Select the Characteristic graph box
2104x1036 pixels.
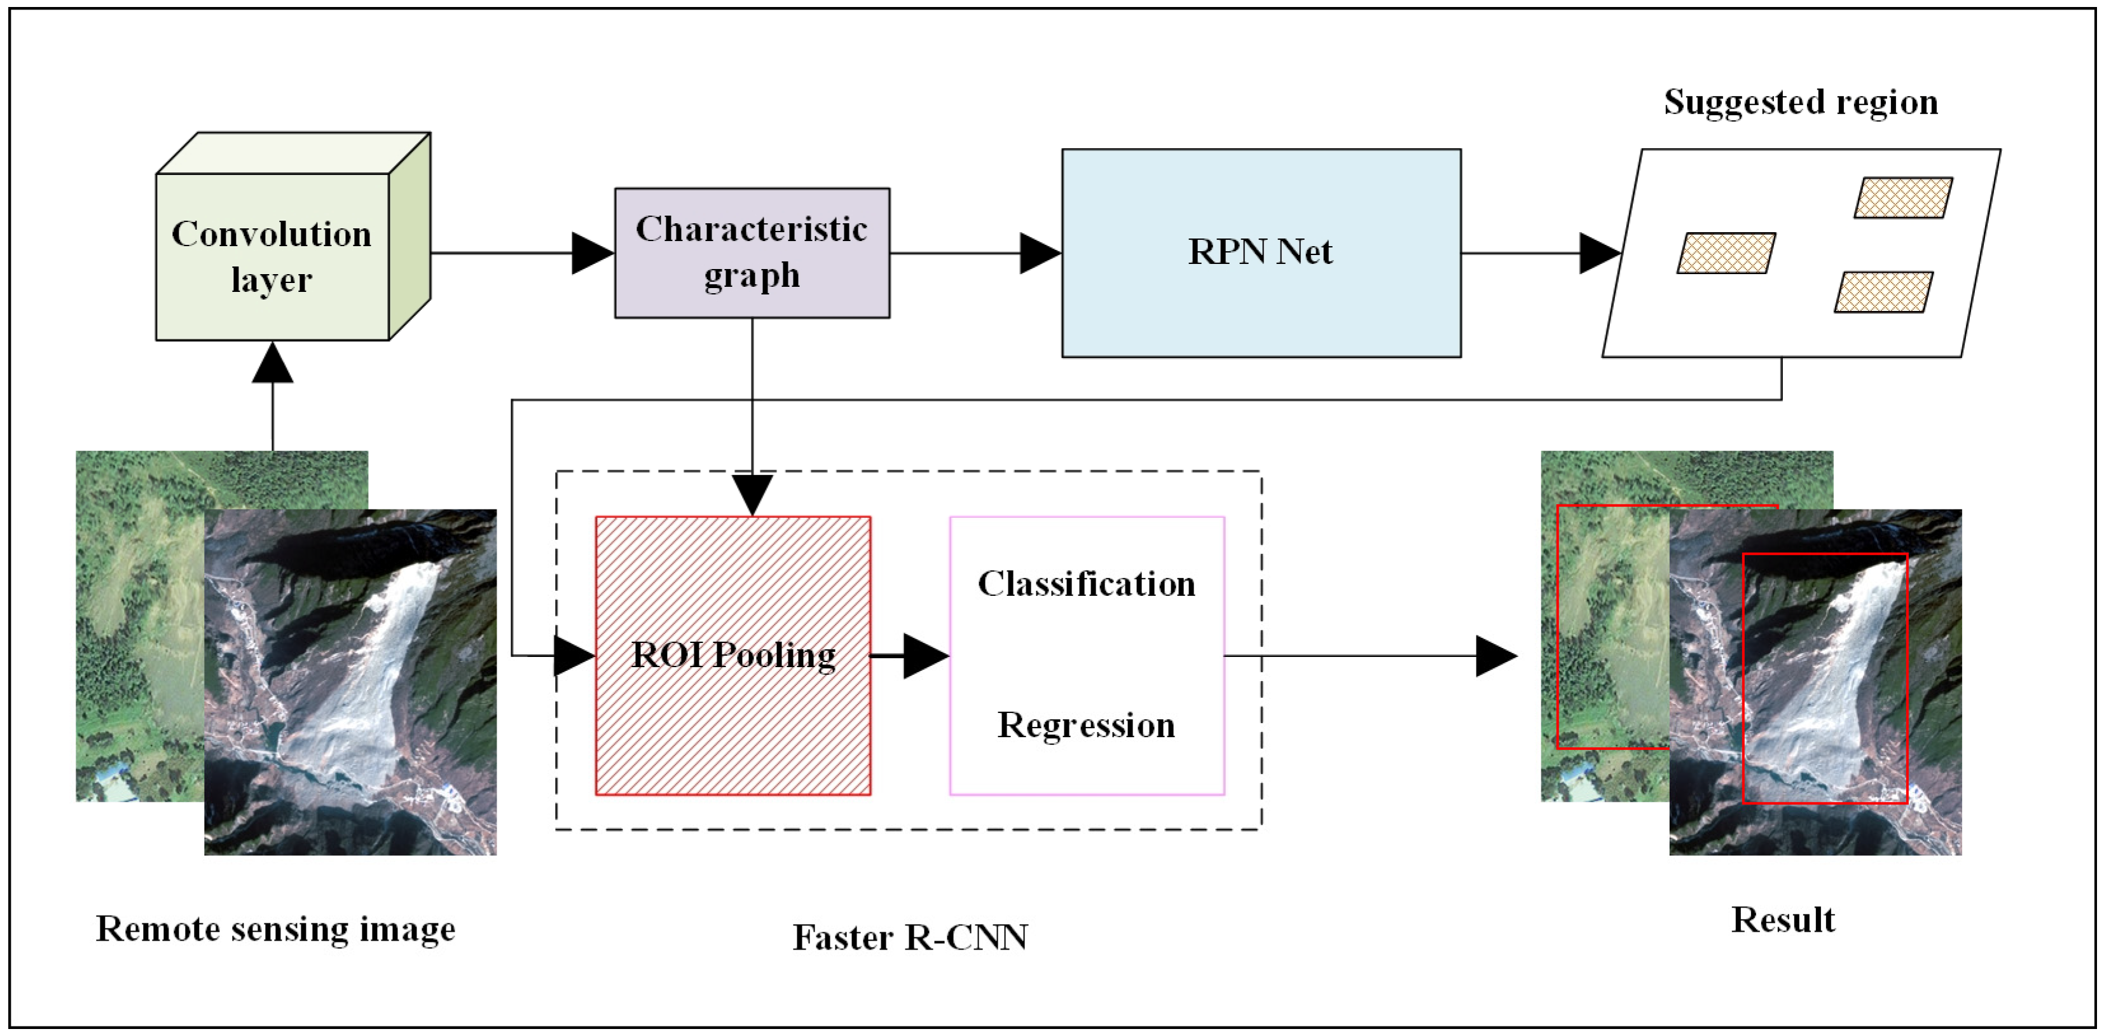(752, 252)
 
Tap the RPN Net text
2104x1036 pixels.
(1260, 252)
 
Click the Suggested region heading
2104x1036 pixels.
(1800, 102)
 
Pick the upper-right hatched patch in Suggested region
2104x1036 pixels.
(1902, 198)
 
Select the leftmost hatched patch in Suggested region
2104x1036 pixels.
(1726, 253)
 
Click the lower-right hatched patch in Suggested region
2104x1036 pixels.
(1883, 292)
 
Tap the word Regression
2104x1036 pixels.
(1085, 726)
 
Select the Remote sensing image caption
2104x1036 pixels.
(275, 929)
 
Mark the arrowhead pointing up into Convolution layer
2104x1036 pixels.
(272, 364)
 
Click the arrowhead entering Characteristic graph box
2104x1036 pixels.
(592, 253)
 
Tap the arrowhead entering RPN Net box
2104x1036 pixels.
(1040, 253)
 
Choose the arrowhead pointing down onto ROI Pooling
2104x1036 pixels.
(752, 494)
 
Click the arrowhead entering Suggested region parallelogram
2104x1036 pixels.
(1599, 253)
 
